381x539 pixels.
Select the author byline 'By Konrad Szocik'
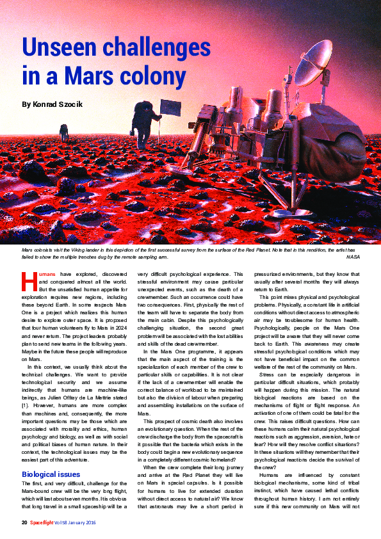coord(54,104)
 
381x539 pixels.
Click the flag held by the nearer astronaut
coord(170,107)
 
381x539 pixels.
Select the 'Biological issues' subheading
coord(51,474)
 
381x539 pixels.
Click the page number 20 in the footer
coord(24,523)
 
